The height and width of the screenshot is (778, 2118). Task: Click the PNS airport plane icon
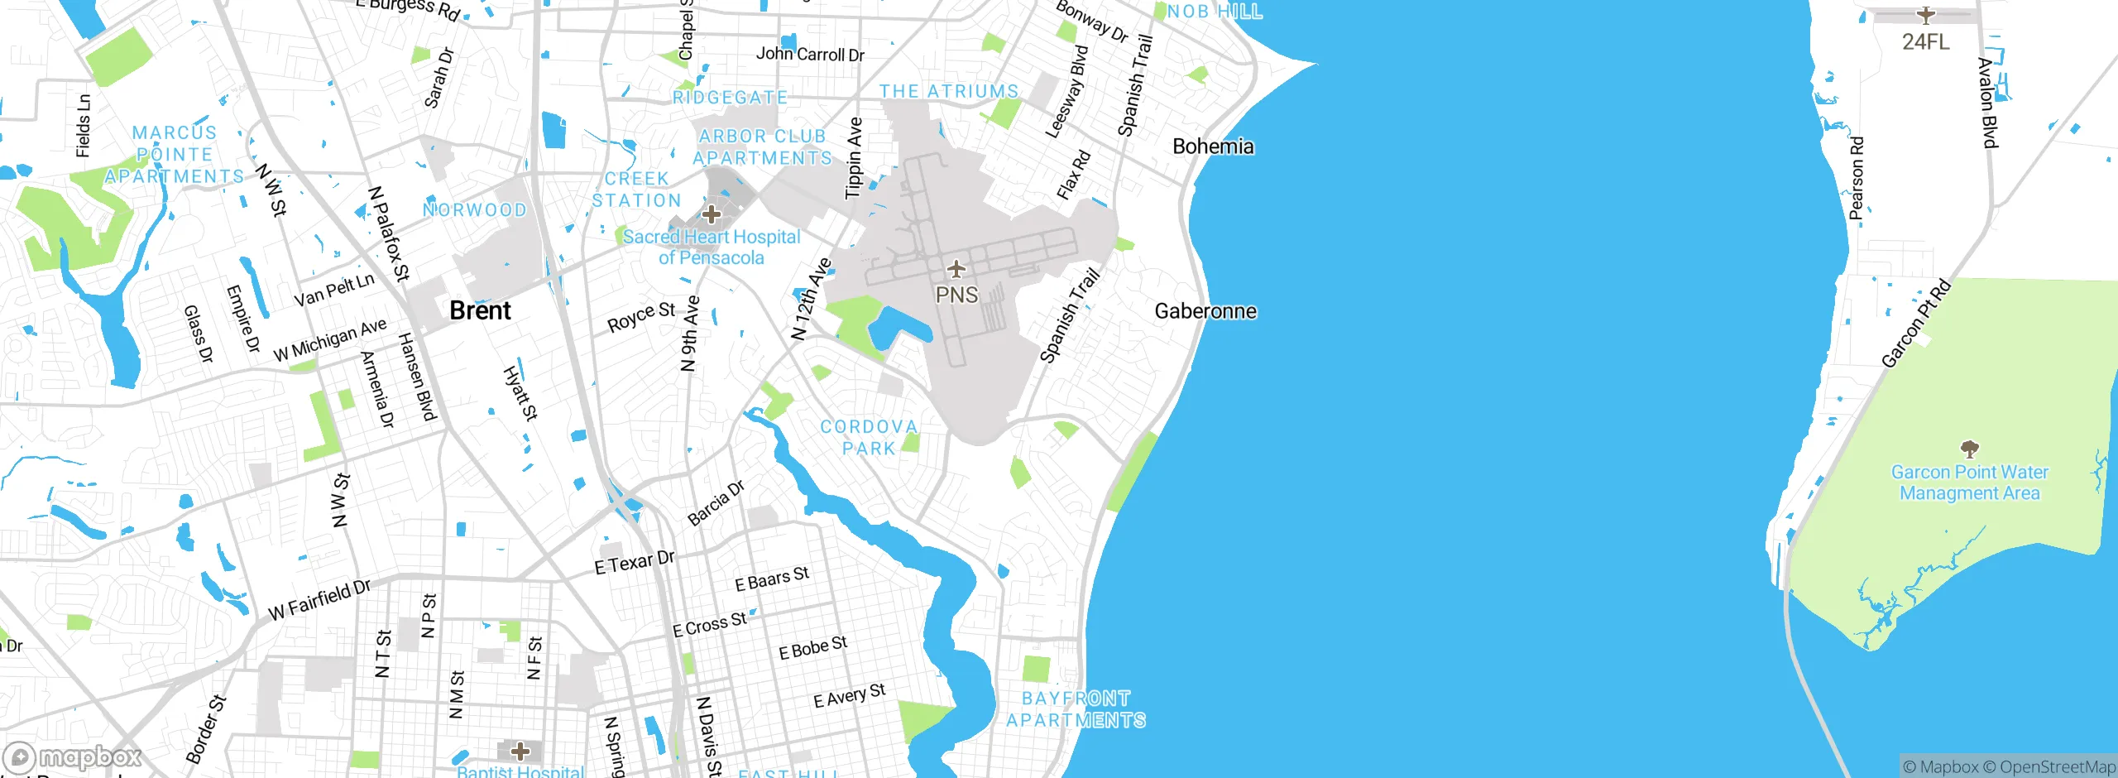click(x=956, y=269)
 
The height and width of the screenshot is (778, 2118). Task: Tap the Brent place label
click(x=480, y=310)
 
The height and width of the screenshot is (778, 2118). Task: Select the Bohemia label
click(x=1213, y=146)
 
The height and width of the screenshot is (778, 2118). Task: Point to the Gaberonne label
click(x=1205, y=311)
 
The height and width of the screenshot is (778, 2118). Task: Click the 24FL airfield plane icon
click(x=1926, y=15)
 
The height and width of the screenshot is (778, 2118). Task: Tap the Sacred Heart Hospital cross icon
click(x=712, y=214)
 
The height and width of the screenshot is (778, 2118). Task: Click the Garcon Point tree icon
click(x=1970, y=449)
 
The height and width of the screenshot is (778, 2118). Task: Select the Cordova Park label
click(x=869, y=437)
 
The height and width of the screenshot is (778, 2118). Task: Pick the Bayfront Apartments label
click(x=1076, y=709)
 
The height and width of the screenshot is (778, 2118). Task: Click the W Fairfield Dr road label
click(x=319, y=600)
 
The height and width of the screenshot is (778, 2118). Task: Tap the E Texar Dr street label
click(x=635, y=563)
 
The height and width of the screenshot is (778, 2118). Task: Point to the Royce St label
click(x=641, y=317)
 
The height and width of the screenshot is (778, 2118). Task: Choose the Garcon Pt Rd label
click(x=1916, y=324)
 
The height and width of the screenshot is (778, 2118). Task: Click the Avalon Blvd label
click(x=1988, y=103)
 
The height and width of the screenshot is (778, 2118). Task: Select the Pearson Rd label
click(x=1857, y=178)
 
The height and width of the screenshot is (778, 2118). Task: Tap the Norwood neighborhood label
click(x=475, y=210)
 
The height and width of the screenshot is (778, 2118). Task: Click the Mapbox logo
click(x=73, y=756)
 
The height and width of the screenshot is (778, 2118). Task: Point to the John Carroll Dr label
click(x=810, y=55)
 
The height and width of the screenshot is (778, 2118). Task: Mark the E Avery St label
click(x=850, y=696)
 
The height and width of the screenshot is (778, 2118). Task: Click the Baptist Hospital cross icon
click(x=520, y=752)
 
